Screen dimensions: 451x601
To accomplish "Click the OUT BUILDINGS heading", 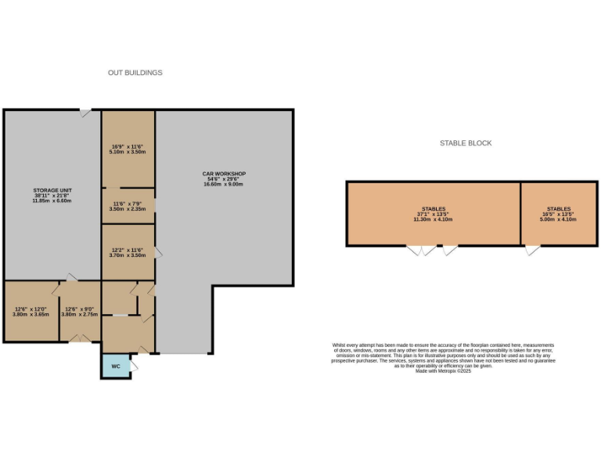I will click(x=135, y=73).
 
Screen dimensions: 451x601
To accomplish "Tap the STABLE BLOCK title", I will click(x=466, y=143).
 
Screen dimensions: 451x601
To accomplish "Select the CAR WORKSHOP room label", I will click(x=225, y=174).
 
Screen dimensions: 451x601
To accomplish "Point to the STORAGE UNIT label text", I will click(x=52, y=191).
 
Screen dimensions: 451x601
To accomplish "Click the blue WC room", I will click(x=115, y=366).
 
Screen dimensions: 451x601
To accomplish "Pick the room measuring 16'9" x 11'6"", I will click(x=128, y=149).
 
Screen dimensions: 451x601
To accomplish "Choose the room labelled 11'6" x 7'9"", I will click(x=128, y=206).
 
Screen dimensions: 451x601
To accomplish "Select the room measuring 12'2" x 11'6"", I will click(x=128, y=252).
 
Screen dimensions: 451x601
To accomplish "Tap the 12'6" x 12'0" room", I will click(x=31, y=311).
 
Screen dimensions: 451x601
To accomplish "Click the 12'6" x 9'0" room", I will click(x=81, y=311).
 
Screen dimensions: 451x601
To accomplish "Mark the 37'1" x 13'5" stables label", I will click(x=434, y=215).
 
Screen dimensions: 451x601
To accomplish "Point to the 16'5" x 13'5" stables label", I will click(x=560, y=215).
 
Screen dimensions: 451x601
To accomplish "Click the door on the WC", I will click(x=134, y=365).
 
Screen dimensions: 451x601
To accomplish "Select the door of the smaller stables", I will click(x=532, y=251).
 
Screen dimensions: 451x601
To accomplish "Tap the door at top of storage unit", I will click(x=85, y=114).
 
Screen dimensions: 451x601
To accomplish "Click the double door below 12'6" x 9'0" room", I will click(x=80, y=338).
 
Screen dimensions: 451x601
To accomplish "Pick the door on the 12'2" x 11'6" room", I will click(x=158, y=252).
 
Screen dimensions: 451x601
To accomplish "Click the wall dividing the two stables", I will click(x=520, y=215).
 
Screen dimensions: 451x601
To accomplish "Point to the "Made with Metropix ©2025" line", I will click(x=443, y=370).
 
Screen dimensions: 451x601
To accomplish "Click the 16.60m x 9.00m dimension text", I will click(x=225, y=184).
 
